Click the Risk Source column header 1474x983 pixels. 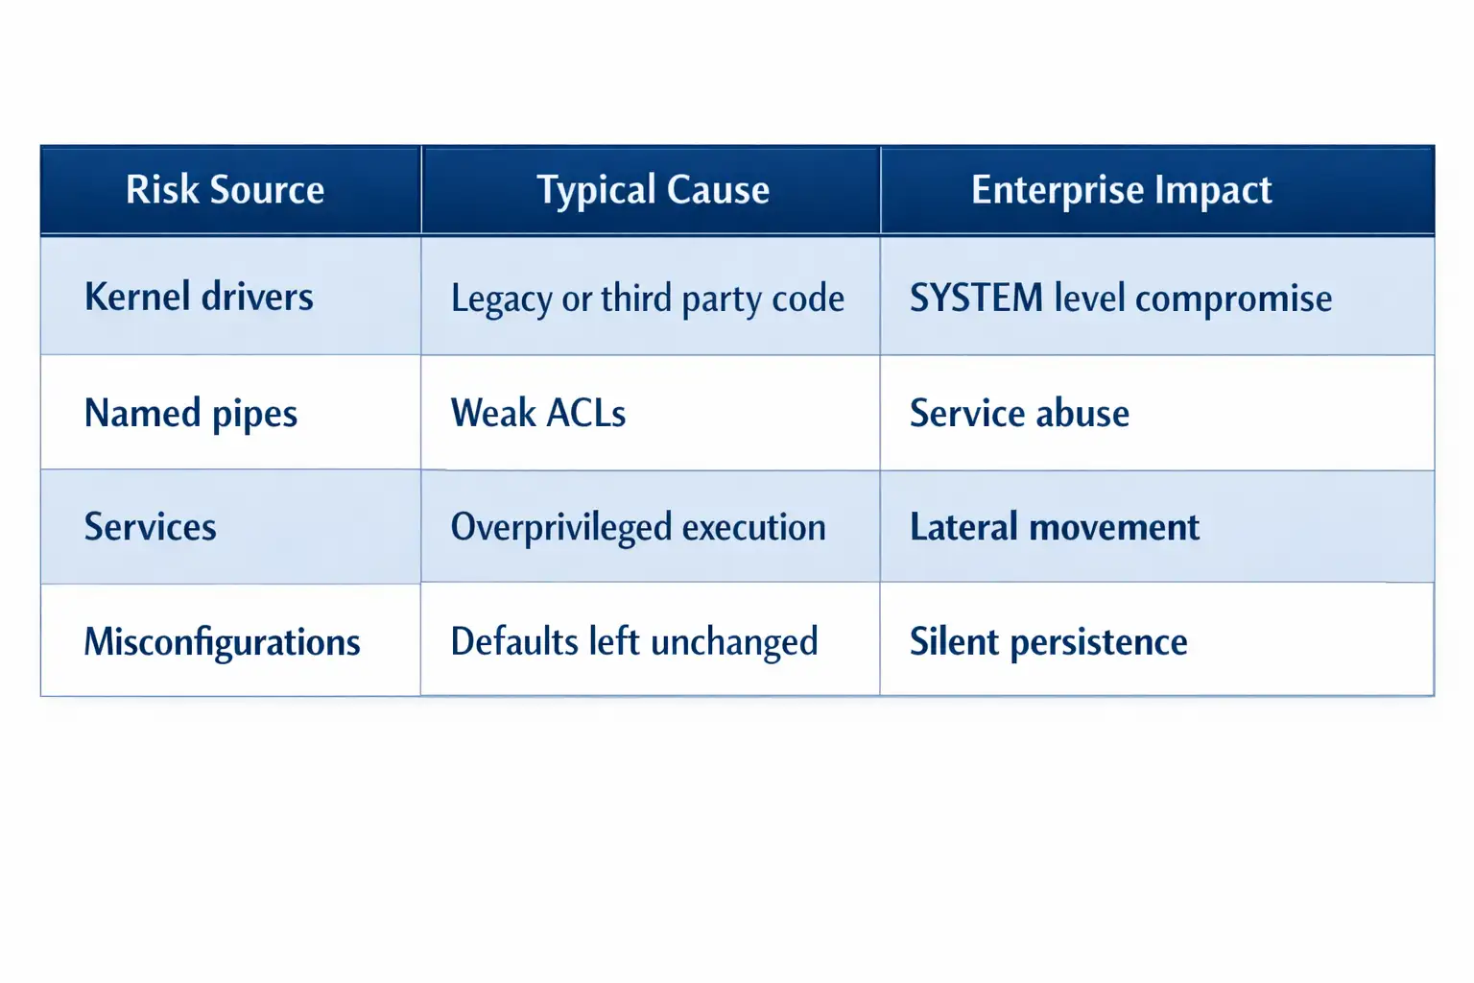pyautogui.click(x=226, y=190)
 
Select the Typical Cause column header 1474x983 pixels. pyautogui.click(x=653, y=190)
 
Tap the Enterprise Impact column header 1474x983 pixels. pyautogui.click(x=1121, y=190)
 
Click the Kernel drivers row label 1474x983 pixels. pyautogui.click(x=199, y=297)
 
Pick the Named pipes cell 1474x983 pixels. pyautogui.click(x=191, y=414)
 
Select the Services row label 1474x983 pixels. pyautogui.click(x=151, y=527)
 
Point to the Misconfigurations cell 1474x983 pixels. pyautogui.click(x=222, y=641)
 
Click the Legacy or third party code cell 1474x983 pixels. pyautogui.click(x=648, y=299)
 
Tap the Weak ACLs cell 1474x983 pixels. pyautogui.click(x=538, y=414)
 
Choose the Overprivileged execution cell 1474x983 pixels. pyautogui.click(x=638, y=527)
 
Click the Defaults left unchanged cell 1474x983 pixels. pyautogui.click(x=634, y=641)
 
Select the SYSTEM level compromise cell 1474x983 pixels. pyautogui.click(x=1121, y=299)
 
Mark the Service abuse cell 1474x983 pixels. pyautogui.click(x=1019, y=414)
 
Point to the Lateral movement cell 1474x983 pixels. pyautogui.click(x=1055, y=527)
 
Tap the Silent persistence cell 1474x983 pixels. pyautogui.click(x=1048, y=641)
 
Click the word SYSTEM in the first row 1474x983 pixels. pyautogui.click(x=976, y=299)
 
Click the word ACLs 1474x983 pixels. pyautogui.click(x=585, y=414)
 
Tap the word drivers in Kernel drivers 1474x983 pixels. pyautogui.click(x=257, y=297)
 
